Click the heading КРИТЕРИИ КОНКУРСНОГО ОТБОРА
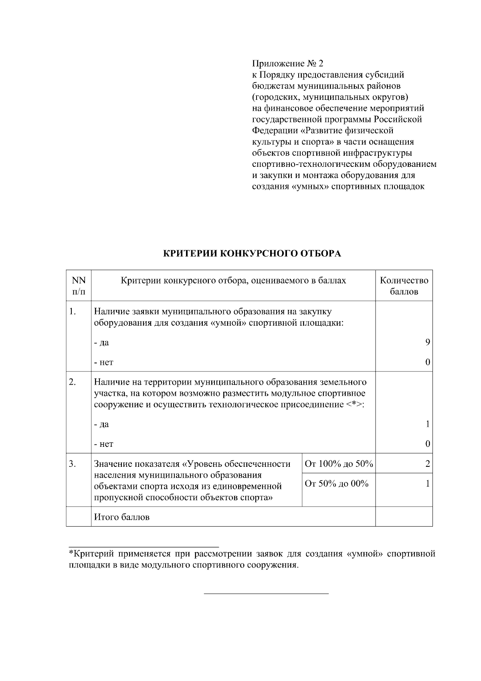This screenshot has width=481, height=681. click(252, 253)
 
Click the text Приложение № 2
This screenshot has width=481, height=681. click(287, 63)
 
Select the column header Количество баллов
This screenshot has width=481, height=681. click(404, 286)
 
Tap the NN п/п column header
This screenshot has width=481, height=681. click(79, 286)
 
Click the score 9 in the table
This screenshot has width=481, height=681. click(427, 342)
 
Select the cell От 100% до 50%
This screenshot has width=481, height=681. click(339, 464)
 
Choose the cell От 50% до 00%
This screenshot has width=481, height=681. click(336, 484)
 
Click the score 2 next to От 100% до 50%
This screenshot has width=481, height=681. click(427, 464)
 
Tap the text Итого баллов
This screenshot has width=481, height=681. click(121, 517)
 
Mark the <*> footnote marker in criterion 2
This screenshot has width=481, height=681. click(354, 404)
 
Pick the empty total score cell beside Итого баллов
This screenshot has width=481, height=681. click(404, 517)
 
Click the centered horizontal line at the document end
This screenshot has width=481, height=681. click(266, 593)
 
